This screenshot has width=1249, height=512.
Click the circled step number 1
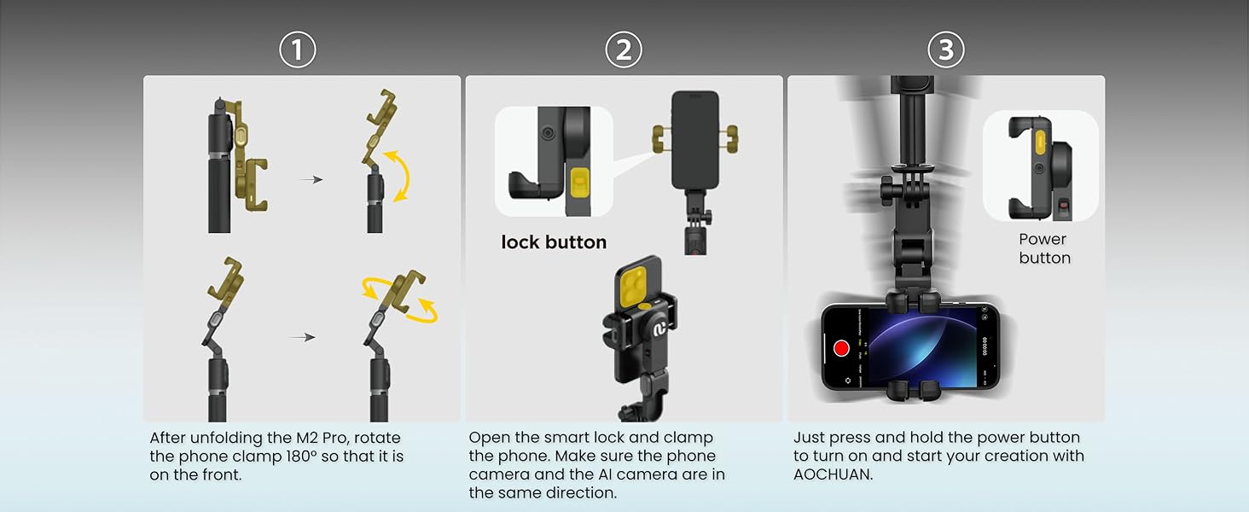(298, 50)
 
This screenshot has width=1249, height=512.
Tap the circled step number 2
(624, 50)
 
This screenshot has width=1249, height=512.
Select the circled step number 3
(945, 50)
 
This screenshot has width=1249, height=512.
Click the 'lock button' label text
(554, 242)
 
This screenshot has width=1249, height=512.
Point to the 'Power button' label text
(1043, 248)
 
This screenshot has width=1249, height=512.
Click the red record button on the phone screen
(841, 348)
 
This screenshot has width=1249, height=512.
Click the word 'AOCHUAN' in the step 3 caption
(833, 474)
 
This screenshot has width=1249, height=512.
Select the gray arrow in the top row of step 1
(311, 180)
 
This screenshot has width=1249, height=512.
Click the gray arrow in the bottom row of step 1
(302, 337)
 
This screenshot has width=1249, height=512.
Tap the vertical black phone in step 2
(694, 139)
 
